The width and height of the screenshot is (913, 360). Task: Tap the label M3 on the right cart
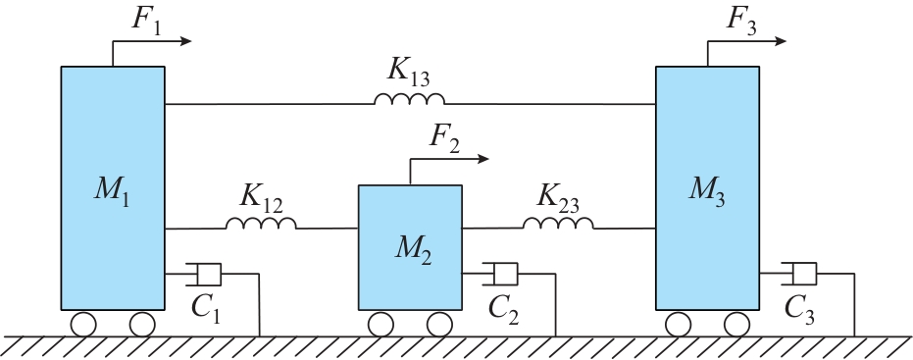coord(707,190)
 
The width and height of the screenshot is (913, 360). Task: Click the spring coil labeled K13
coord(409,99)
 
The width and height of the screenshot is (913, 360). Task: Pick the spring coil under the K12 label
coord(261,223)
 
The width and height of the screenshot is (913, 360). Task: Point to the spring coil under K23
coord(558,223)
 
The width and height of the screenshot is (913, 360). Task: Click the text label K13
coord(409,73)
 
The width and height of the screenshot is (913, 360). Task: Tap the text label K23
coord(558,198)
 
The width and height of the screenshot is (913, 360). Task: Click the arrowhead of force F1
coord(186,41)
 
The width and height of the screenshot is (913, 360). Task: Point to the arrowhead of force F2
coord(483,159)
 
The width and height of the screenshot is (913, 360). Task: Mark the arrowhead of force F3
coord(781,41)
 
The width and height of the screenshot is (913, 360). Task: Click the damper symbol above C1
coord(204,275)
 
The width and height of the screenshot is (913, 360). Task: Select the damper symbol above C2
coord(500,274)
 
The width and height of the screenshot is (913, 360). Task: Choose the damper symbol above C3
coord(799,274)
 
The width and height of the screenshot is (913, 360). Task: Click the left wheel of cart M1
coord(83,324)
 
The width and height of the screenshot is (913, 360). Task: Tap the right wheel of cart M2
coord(439,324)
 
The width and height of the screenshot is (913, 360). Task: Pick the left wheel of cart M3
coord(679,324)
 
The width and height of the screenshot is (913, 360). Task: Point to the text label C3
coord(799,309)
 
